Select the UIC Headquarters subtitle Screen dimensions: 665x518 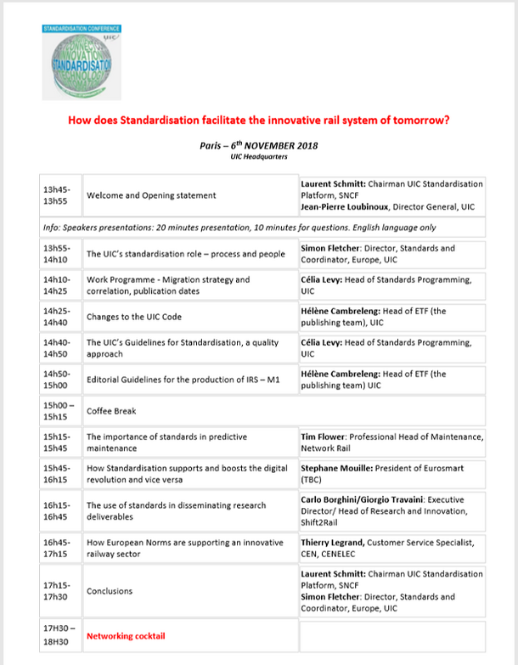click(258, 157)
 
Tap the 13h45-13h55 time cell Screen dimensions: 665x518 click(59, 195)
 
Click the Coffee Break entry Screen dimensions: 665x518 click(112, 411)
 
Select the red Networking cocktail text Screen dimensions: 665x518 click(126, 635)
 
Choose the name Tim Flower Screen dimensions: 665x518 click(325, 437)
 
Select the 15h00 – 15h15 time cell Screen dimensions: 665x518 click(59, 411)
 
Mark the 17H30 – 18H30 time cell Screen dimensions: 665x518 click(59, 635)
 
